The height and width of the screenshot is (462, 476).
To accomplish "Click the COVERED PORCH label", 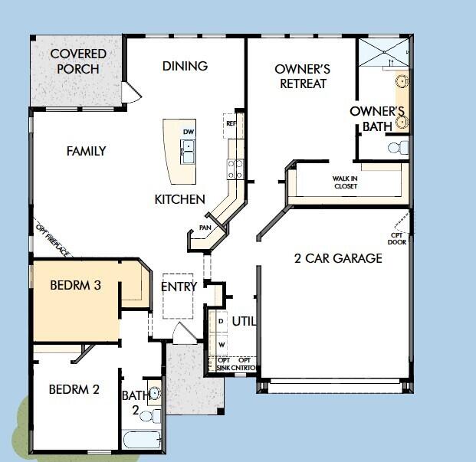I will point(78,61).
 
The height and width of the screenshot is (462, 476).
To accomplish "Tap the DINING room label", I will point(185,66).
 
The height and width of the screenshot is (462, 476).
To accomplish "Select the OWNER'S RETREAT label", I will point(301,76).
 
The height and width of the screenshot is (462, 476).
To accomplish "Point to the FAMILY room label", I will point(86,151).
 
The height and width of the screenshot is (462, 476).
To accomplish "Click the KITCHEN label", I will point(179,199).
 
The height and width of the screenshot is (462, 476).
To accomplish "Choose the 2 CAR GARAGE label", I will point(338,258).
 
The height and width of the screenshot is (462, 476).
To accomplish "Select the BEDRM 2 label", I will point(74,389).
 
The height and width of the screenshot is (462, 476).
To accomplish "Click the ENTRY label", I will point(179,287).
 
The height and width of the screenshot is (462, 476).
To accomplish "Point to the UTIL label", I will point(243,321).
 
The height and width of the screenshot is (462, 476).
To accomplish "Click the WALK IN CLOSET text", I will point(345,182).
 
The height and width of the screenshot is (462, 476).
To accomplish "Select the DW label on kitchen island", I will point(189,132).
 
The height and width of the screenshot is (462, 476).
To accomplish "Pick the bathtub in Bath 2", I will point(142,441).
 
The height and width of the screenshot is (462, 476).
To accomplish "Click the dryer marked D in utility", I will point(221,322).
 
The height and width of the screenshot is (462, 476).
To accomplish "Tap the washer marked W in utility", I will point(221,344).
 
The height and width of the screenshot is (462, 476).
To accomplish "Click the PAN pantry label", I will point(205,228).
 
